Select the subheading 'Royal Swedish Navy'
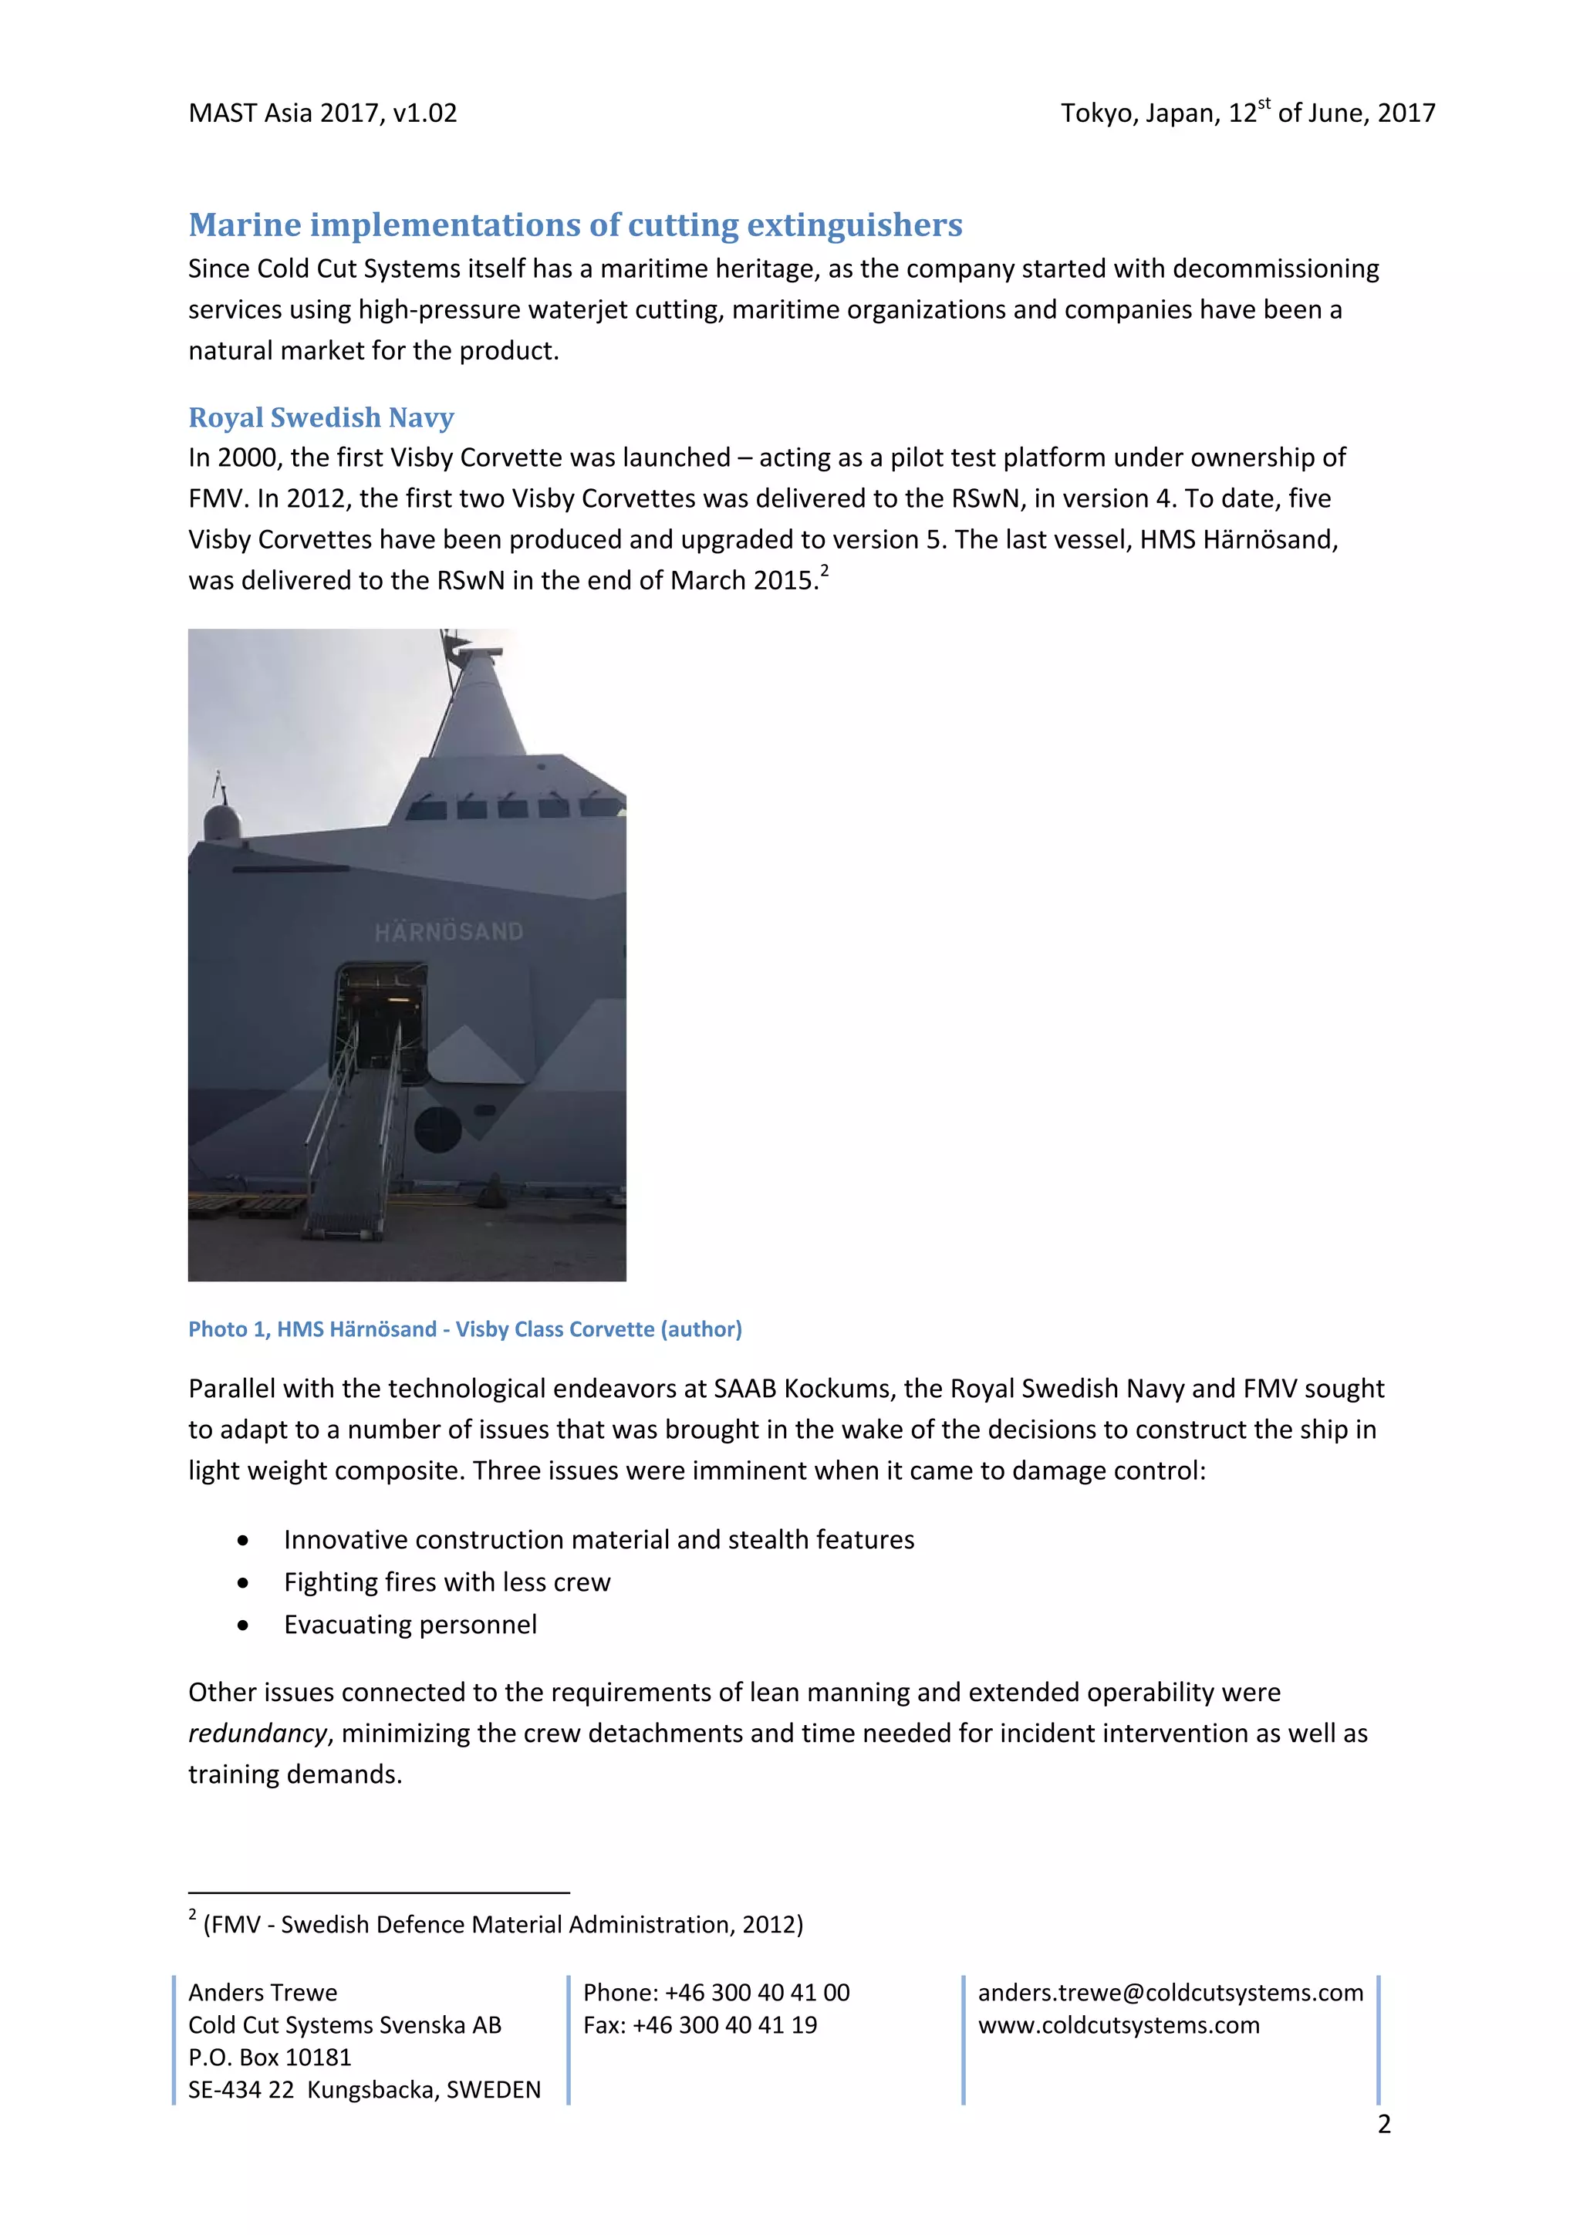coord(320,417)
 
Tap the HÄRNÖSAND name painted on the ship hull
coord(449,932)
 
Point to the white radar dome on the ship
coord(222,823)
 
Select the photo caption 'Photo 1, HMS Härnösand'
coord(464,1329)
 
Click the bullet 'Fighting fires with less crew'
coord(447,1582)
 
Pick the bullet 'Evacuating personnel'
coord(410,1625)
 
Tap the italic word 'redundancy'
coord(257,1734)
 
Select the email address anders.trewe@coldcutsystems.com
coord(1170,1993)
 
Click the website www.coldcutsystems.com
coord(1119,2026)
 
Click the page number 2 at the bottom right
coord(1383,2124)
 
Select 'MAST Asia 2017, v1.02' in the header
coord(322,114)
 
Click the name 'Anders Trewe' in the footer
coord(263,1993)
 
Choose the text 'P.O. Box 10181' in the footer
coord(270,2058)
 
